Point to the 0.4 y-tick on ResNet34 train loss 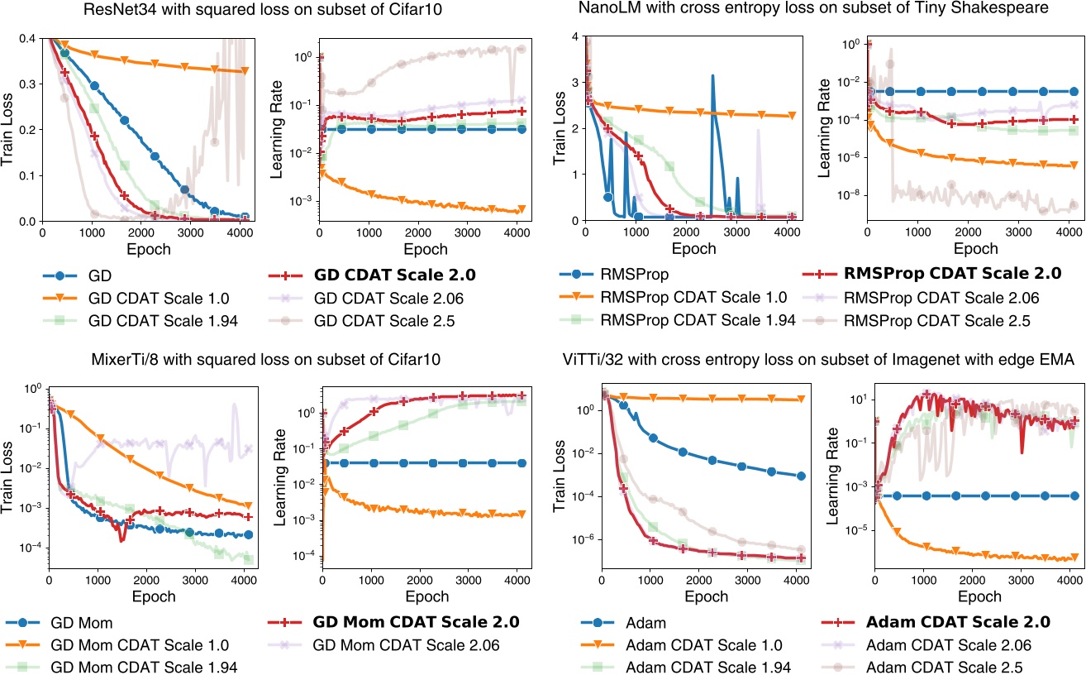[26, 38]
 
